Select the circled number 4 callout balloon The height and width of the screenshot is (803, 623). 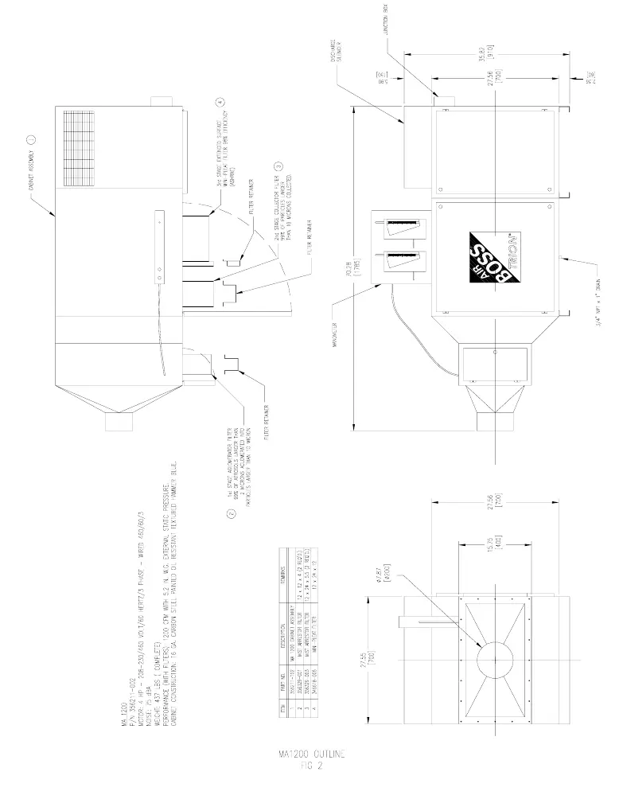pyautogui.click(x=220, y=103)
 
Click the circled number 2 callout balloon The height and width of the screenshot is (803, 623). pyautogui.click(x=231, y=515)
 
